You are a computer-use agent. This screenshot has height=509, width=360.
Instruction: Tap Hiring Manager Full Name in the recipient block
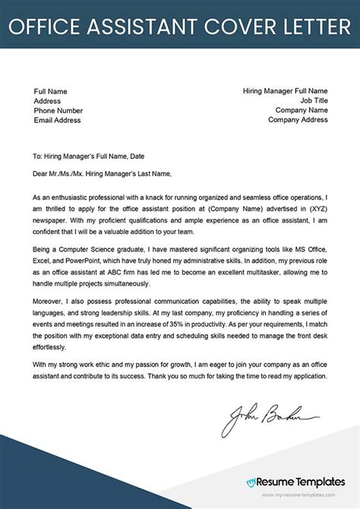[x=285, y=90]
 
